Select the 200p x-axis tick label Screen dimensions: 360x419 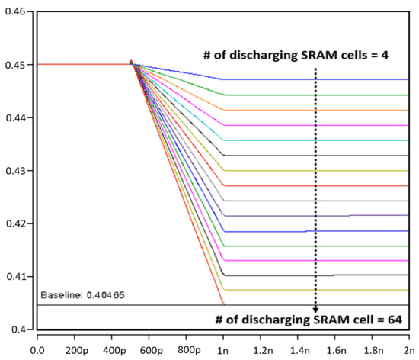(x=75, y=352)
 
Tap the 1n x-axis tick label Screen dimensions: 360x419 (x=223, y=352)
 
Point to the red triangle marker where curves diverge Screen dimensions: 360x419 (x=131, y=63)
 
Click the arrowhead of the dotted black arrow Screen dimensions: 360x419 (x=315, y=309)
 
